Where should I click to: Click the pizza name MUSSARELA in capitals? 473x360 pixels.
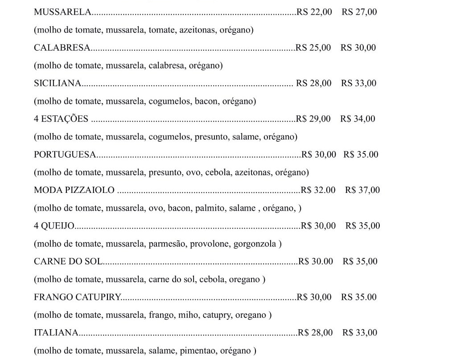(x=62, y=12)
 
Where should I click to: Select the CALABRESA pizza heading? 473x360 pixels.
(x=62, y=48)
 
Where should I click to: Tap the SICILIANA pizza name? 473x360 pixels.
(x=58, y=83)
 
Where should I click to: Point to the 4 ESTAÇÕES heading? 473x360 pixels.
(x=61, y=119)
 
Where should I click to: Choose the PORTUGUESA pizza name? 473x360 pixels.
(x=65, y=155)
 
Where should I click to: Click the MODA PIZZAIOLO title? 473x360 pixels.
(x=74, y=190)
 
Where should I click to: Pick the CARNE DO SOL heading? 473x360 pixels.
(x=68, y=262)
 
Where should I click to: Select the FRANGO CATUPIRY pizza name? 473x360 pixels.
(x=78, y=297)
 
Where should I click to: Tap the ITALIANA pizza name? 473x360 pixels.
(x=56, y=333)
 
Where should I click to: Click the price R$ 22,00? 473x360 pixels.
(x=314, y=12)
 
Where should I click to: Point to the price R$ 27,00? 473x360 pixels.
(x=359, y=12)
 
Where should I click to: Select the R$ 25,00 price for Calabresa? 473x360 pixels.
(x=313, y=48)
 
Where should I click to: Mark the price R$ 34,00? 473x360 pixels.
(x=358, y=119)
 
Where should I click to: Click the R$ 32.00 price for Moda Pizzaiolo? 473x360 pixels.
(x=318, y=190)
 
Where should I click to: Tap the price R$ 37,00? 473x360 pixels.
(x=362, y=190)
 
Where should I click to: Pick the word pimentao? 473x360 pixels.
(x=197, y=351)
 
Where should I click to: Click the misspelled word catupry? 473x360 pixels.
(x=217, y=315)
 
